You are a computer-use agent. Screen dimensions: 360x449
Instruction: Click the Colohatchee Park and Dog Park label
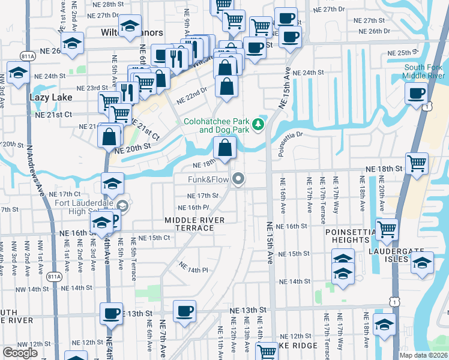pyautogui.click(x=217, y=125)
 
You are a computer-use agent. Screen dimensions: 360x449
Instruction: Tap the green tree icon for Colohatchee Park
pyautogui.click(x=259, y=124)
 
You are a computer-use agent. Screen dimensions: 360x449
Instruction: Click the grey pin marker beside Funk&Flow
pyautogui.click(x=239, y=178)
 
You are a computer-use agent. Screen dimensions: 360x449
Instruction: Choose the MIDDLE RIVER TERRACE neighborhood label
pyautogui.click(x=195, y=224)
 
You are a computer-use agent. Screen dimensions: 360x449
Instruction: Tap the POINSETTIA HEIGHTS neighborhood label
pyautogui.click(x=347, y=236)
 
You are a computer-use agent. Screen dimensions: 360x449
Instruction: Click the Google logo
pyautogui.click(x=20, y=353)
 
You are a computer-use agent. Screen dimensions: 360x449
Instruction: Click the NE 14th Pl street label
pyautogui.click(x=193, y=270)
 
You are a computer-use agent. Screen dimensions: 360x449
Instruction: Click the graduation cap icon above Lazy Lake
pyautogui.click(x=19, y=73)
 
